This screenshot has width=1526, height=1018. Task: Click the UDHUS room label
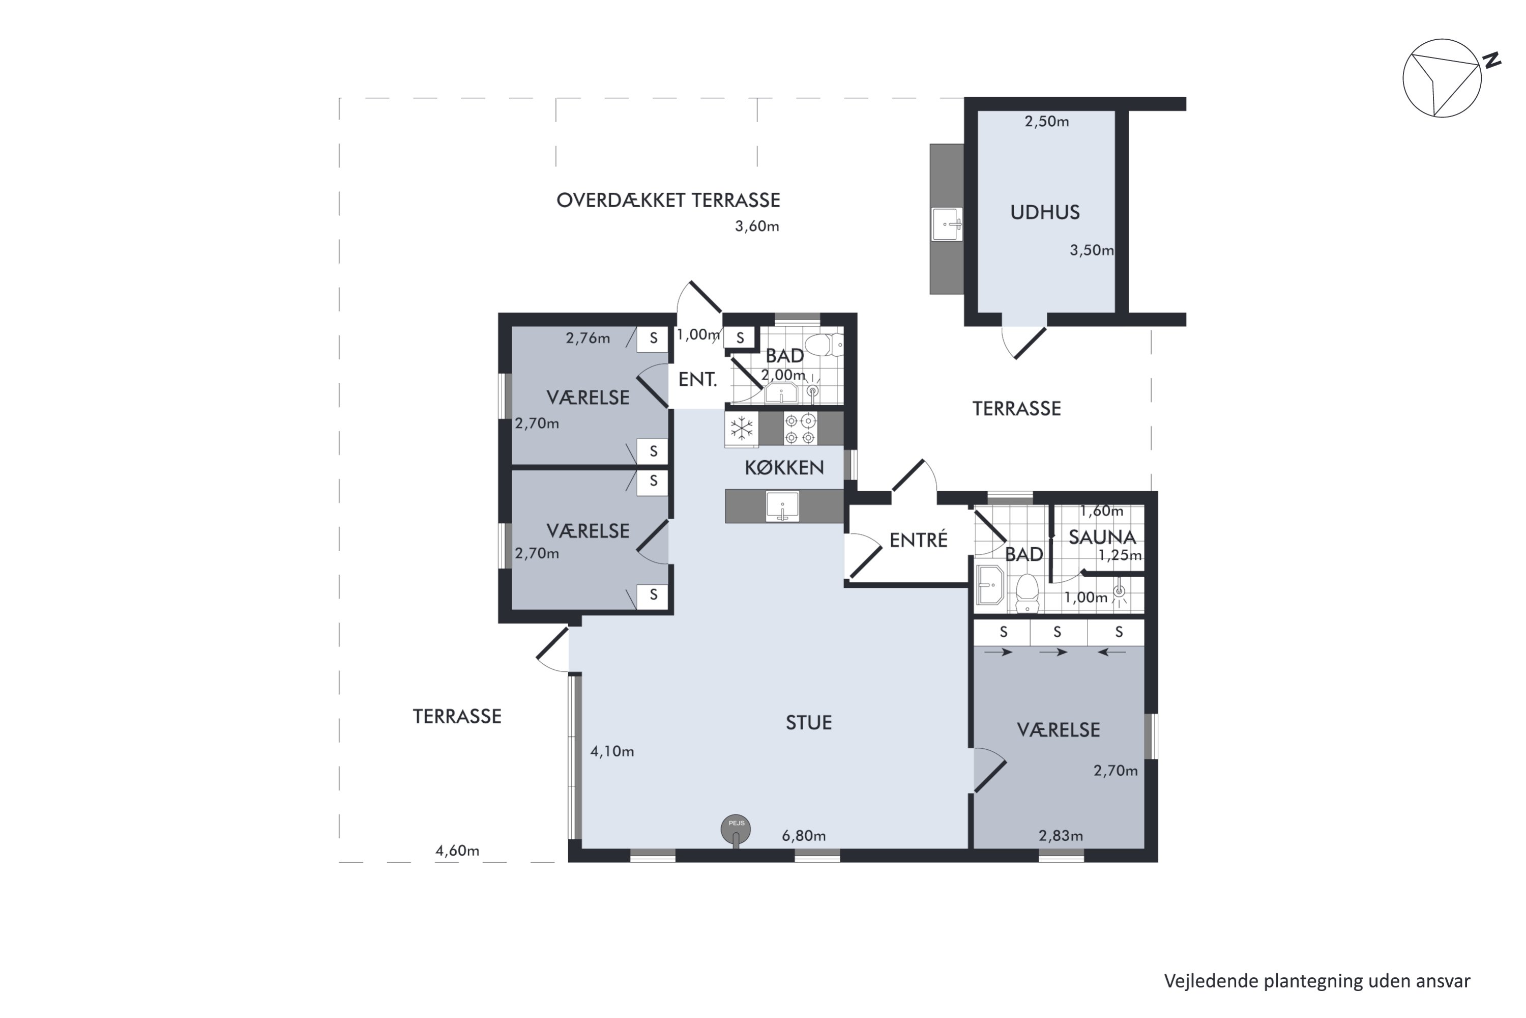coord(1045,212)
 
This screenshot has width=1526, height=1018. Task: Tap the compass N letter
coord(1493,61)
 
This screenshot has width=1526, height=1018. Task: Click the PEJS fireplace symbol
coord(736,830)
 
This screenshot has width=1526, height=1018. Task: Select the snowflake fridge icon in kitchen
coord(742,429)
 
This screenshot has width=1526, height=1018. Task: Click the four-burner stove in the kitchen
coord(800,429)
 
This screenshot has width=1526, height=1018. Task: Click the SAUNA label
coord(1102,537)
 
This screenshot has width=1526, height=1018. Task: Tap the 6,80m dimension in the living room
coord(803,836)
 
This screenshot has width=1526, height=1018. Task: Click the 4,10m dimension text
coord(612,752)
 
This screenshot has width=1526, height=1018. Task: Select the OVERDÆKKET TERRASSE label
coord(668,200)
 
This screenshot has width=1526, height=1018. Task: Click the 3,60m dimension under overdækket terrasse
coord(756,227)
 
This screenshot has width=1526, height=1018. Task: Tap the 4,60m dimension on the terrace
coord(457,851)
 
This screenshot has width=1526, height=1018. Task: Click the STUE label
coord(808,723)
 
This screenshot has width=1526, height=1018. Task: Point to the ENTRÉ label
coord(918,540)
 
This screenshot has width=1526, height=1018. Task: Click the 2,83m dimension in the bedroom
coord(1061,836)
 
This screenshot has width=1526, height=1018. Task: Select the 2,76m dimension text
coord(588,338)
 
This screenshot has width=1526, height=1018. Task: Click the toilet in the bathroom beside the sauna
coord(1027,592)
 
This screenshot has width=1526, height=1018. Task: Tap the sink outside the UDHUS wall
coord(947,224)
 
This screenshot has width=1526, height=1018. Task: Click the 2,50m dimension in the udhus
coord(1046,122)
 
